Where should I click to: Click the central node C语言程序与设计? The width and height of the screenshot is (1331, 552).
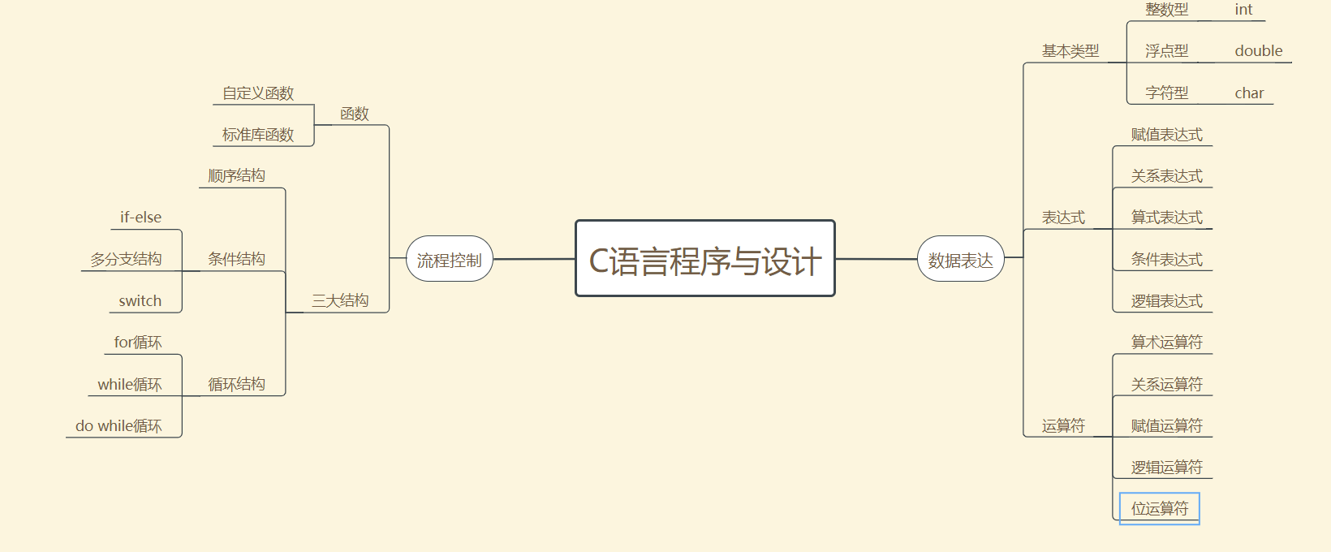pos(704,259)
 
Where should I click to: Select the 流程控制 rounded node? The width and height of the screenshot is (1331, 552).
pos(449,260)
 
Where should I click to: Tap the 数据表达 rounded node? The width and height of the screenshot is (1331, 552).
pos(960,260)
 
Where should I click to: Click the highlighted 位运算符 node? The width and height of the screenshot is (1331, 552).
pos(1159,509)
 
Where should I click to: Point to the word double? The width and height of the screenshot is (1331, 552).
pos(1258,51)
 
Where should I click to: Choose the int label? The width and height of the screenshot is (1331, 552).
pos(1243,10)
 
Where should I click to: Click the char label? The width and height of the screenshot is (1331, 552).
pos(1249,93)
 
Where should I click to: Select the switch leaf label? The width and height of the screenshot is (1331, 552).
pos(140,301)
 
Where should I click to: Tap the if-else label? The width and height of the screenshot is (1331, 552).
pos(140,218)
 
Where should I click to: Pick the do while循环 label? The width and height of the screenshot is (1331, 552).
pos(118,426)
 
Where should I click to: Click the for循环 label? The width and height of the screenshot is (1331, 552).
pos(137,343)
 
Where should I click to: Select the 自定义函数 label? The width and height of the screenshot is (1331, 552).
pos(258,93)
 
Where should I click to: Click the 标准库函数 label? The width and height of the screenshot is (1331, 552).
pos(258,135)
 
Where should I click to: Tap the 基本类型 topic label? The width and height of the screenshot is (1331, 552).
pos(1070,51)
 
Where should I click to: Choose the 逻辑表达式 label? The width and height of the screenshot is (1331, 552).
pos(1166,301)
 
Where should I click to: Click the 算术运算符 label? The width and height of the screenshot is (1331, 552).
pos(1166,343)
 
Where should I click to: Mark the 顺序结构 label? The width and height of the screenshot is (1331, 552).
pos(236,176)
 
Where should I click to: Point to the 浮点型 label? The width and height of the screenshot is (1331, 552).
pos(1166,51)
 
